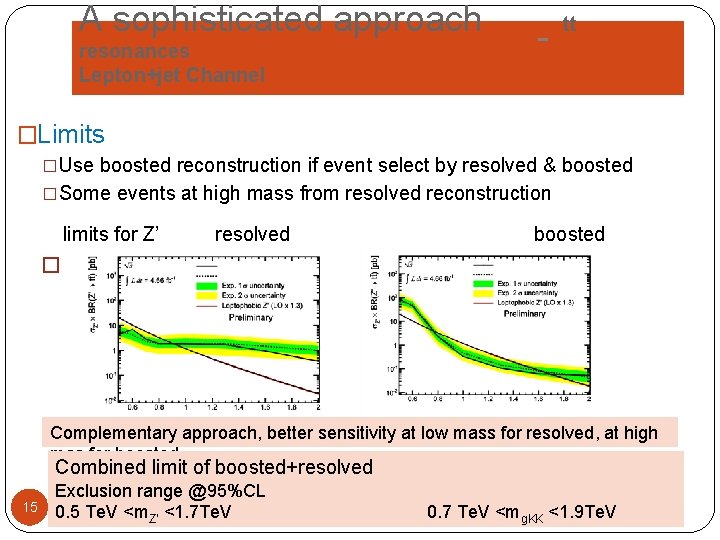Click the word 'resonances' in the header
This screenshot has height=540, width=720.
coord(134,51)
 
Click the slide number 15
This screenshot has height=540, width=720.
coord(30,507)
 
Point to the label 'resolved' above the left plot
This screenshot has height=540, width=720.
coord(252,234)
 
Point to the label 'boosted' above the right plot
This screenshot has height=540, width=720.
coord(569,234)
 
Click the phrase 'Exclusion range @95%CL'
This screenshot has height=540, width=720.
coord(159,491)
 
